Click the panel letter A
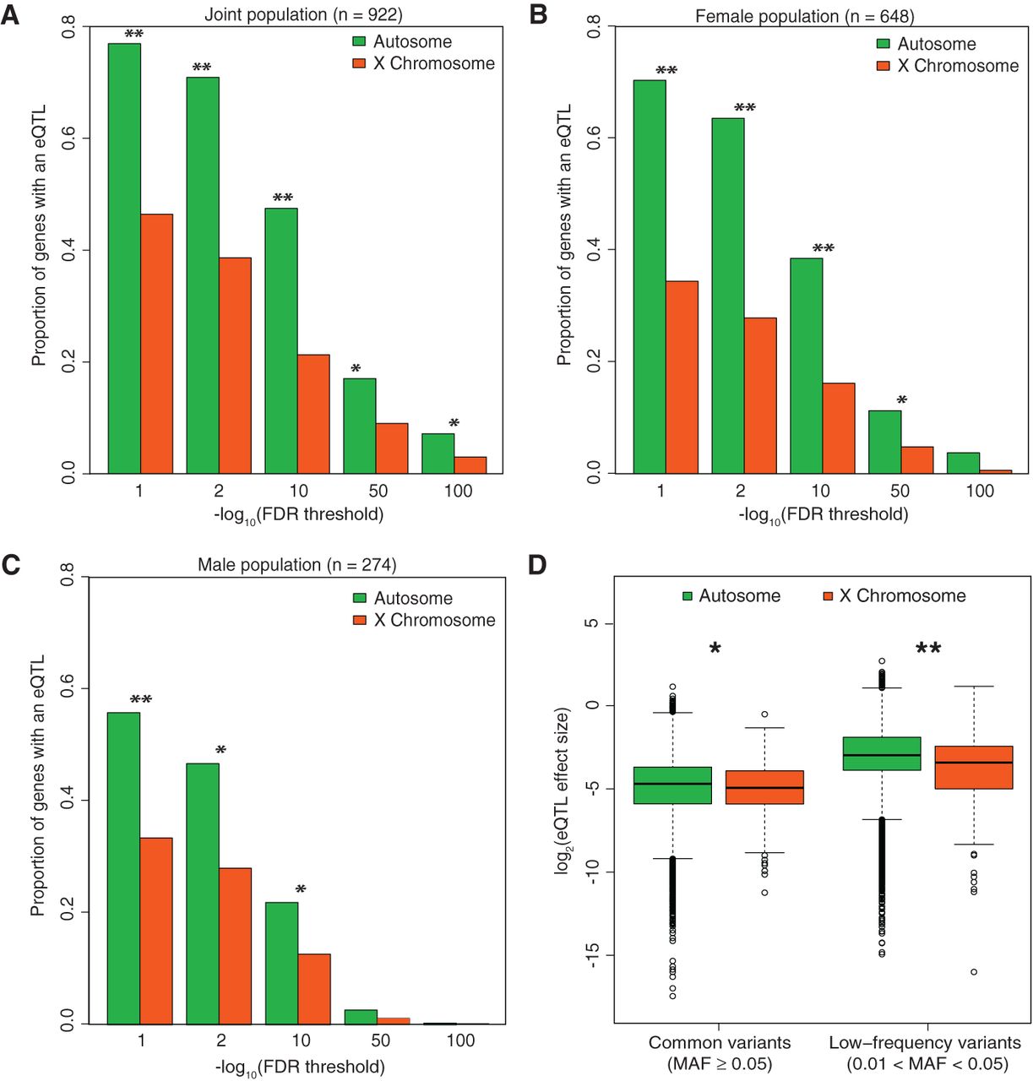(10, 14)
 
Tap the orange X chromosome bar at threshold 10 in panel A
(313, 414)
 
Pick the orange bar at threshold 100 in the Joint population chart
(470, 465)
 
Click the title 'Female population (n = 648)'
(804, 17)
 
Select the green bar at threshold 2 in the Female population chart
(728, 296)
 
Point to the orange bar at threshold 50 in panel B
(917, 460)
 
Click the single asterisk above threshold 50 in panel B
(902, 400)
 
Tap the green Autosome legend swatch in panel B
(883, 44)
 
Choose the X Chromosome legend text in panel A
(433, 64)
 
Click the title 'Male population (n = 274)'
(296, 565)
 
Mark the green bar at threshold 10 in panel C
(281, 963)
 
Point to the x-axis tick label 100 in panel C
(460, 1040)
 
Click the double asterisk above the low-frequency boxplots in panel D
(928, 649)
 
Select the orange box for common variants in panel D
(764, 787)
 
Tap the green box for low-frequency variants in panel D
(882, 753)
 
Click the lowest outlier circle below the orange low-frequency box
(974, 972)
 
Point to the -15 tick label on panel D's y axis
(591, 955)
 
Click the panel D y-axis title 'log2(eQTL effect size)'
(563, 790)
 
